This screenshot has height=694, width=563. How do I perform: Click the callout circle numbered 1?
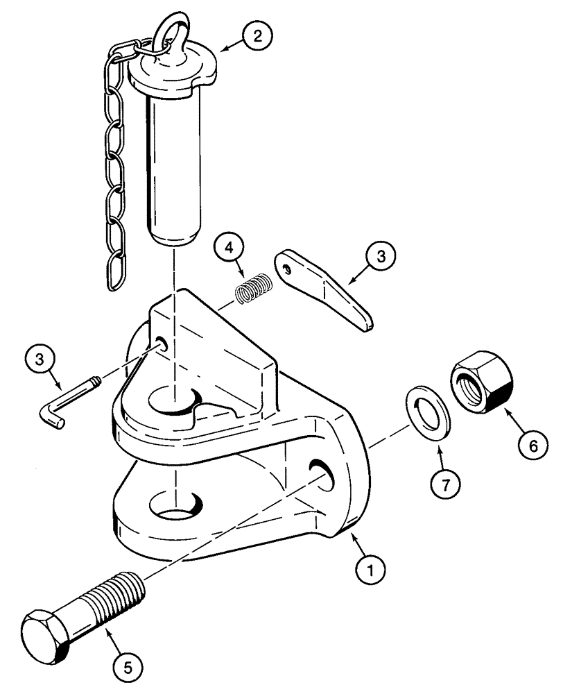coord(372,571)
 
